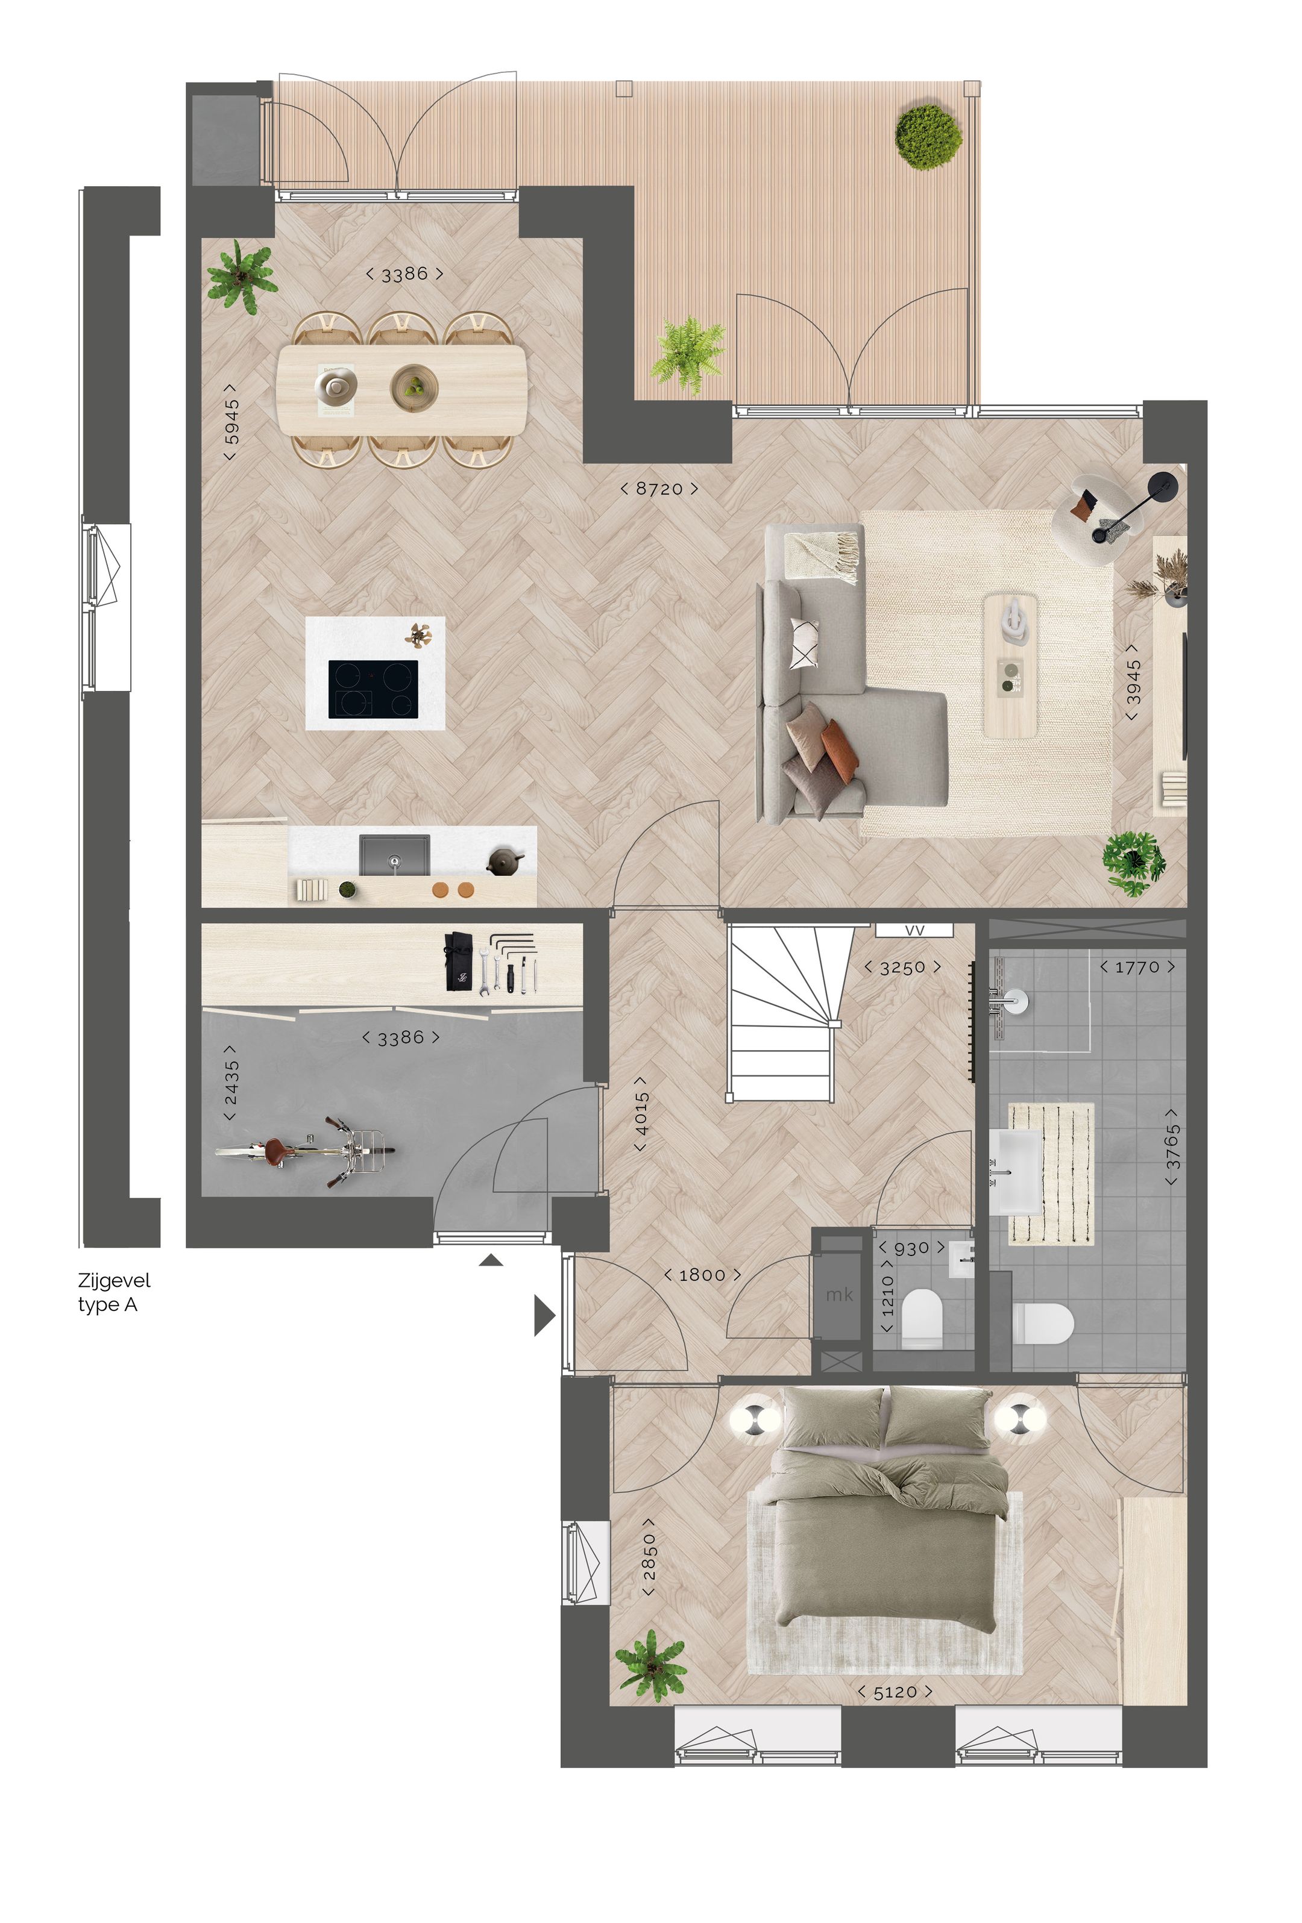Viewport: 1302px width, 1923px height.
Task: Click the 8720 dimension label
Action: click(658, 489)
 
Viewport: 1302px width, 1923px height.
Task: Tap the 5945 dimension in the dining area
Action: click(231, 421)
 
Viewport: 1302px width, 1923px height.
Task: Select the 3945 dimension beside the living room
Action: click(1132, 682)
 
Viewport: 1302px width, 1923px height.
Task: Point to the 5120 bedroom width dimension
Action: click(894, 1692)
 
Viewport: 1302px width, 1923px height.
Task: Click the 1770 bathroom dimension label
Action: click(1136, 966)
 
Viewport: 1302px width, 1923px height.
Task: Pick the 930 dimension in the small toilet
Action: click(911, 1248)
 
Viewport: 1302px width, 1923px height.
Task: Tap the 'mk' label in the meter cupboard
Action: click(838, 1293)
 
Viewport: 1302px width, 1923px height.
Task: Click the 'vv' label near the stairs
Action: click(914, 930)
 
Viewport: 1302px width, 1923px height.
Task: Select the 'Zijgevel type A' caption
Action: click(113, 1292)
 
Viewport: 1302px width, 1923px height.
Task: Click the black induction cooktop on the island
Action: click(373, 689)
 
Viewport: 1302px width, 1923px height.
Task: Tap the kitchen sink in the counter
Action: click(394, 855)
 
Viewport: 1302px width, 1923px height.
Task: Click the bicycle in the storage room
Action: click(304, 1149)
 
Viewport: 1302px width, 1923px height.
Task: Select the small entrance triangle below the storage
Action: click(491, 1260)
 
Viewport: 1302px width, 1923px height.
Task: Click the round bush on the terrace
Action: click(929, 137)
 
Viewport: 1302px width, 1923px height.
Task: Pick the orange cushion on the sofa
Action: click(839, 751)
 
